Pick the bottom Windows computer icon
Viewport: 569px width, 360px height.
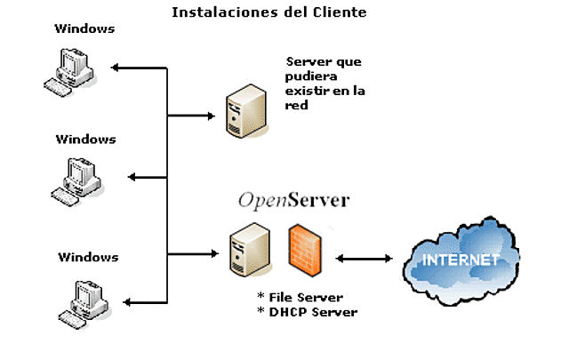83,301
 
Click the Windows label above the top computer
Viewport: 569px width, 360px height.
84,28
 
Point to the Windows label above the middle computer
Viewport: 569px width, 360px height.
86,139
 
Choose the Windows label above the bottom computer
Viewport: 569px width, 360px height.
88,257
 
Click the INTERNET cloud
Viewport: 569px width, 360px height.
460,260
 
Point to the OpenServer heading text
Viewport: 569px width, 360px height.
293,200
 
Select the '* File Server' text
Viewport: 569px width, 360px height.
300,296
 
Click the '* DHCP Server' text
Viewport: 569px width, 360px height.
307,311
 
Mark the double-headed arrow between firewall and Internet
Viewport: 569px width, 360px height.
365,259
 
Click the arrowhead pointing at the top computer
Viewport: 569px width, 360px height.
116,68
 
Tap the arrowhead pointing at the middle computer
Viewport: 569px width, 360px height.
132,178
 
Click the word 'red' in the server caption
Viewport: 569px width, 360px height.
297,105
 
